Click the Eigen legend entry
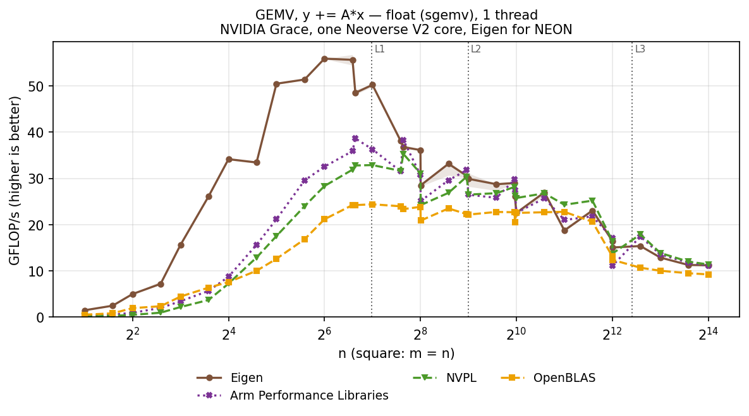tap(230, 378)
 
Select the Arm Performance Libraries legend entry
tap(293, 396)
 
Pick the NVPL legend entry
tap(444, 378)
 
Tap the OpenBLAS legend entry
tap(548, 378)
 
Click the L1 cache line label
tap(379, 49)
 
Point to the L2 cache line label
tap(476, 49)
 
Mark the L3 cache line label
tap(640, 49)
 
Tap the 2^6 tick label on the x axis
tap(324, 333)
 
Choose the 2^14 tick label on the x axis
tap(709, 333)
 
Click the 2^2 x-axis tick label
tap(132, 333)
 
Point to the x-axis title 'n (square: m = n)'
tap(396, 354)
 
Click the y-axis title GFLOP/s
tap(15, 181)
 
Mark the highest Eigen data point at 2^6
tap(324, 59)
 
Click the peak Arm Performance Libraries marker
tap(355, 138)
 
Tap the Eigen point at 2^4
tap(229, 159)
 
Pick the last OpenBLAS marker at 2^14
tap(709, 275)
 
